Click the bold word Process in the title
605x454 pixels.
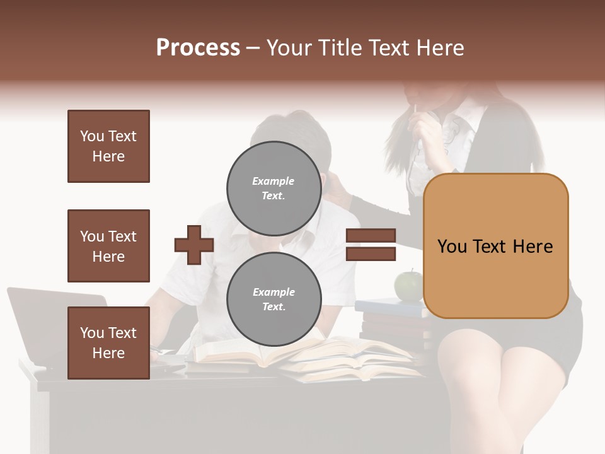(x=198, y=47)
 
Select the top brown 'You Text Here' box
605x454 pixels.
(x=108, y=146)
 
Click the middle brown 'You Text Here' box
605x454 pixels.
(x=108, y=246)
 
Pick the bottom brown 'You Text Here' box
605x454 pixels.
(x=108, y=343)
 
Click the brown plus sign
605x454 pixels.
(x=194, y=245)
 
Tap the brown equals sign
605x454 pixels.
(x=371, y=245)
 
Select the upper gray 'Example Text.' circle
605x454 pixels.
(x=274, y=189)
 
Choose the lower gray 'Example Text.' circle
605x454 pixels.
(x=274, y=300)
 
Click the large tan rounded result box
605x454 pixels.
(x=495, y=246)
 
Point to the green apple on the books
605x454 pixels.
(x=408, y=285)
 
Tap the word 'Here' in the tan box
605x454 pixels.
(x=533, y=247)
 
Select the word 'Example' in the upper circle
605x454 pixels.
(x=274, y=181)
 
